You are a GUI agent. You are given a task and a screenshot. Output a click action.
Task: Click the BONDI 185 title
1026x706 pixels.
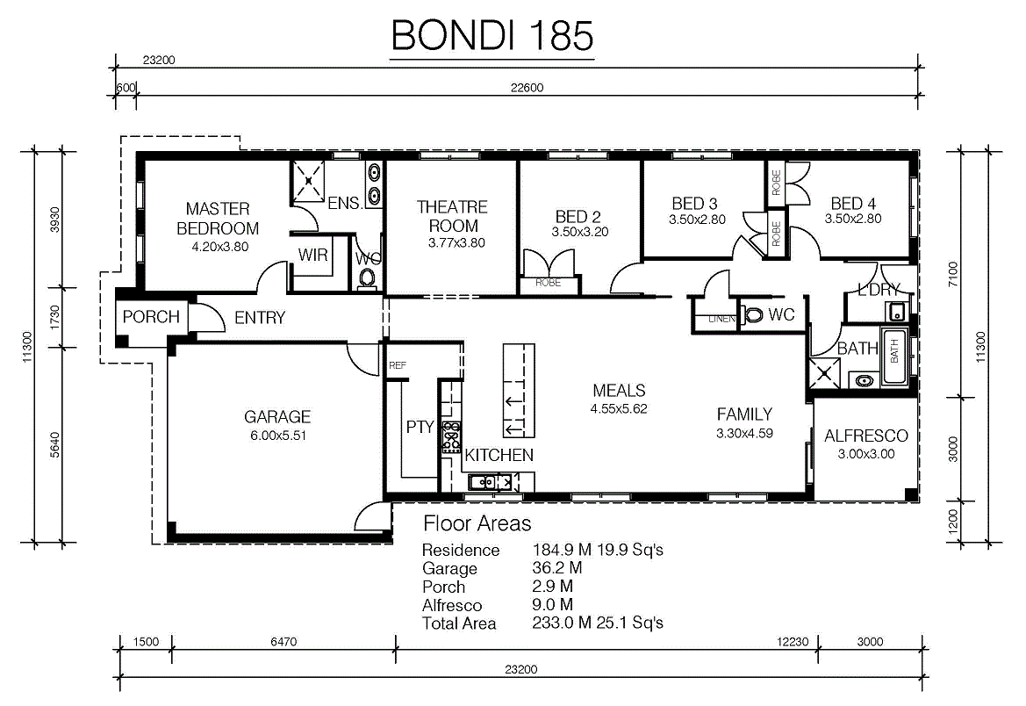tap(492, 35)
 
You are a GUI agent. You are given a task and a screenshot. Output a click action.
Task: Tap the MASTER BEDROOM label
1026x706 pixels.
tap(218, 219)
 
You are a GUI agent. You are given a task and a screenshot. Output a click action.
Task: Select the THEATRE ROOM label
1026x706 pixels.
tap(453, 216)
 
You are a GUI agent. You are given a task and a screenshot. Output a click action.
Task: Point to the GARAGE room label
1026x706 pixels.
tap(276, 416)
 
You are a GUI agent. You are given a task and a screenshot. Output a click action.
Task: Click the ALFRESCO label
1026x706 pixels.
tap(866, 436)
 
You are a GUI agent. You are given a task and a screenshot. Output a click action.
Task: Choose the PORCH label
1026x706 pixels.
tap(150, 317)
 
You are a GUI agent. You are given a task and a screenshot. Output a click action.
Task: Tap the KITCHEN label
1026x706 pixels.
tap(499, 455)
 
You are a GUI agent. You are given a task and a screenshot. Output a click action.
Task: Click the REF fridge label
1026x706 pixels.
tap(398, 365)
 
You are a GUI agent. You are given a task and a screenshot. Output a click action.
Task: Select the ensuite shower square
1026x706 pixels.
tap(307, 180)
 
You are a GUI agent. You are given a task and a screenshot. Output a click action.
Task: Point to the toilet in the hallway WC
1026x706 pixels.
tap(753, 315)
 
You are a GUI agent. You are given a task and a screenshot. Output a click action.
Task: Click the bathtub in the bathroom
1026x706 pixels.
tap(893, 357)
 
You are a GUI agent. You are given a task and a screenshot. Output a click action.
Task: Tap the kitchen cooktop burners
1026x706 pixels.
tap(451, 436)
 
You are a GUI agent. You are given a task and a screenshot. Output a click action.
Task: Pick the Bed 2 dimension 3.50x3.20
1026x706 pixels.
tap(580, 232)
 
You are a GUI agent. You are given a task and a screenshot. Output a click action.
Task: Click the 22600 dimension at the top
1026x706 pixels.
tap(527, 88)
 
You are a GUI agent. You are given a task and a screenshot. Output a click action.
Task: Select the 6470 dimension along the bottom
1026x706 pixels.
tap(283, 642)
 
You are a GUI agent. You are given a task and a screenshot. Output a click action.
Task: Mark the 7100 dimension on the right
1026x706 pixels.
tap(953, 274)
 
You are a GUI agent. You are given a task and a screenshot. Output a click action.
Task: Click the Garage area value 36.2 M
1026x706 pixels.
tap(556, 568)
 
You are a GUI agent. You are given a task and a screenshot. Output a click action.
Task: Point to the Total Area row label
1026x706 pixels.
tap(459, 623)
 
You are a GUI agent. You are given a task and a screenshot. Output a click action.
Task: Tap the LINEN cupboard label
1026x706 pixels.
tap(721, 319)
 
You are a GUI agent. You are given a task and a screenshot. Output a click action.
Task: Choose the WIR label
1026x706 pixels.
tap(312, 255)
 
